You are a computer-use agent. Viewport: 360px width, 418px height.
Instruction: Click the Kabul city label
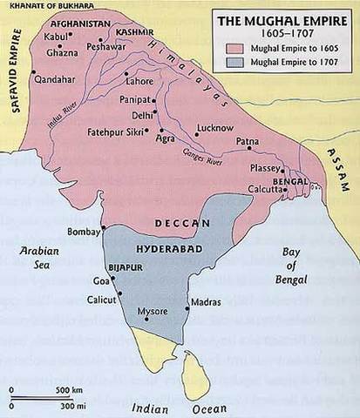click(54, 35)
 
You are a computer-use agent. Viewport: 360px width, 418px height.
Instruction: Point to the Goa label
click(102, 281)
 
